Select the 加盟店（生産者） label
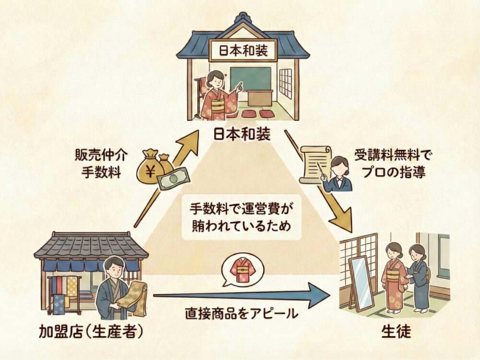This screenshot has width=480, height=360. pos(91,331)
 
